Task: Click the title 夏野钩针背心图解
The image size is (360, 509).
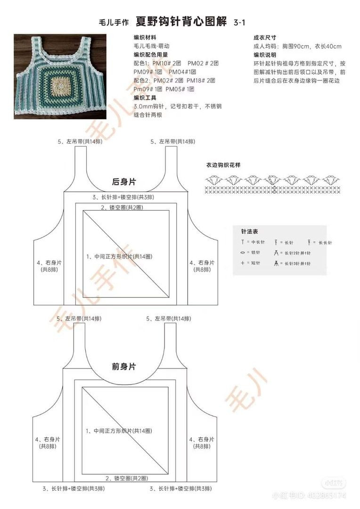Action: [x=181, y=22]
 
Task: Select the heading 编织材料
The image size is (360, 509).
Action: [x=145, y=38]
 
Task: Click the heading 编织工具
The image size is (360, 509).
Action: [x=145, y=98]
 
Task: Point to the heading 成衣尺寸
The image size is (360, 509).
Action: [x=265, y=38]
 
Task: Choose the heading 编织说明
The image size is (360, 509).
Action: [x=265, y=55]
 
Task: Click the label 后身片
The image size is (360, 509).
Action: [x=124, y=181]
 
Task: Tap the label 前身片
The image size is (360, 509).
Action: [x=124, y=366]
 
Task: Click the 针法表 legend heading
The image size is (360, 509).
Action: [x=249, y=232]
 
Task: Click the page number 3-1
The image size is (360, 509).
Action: [x=240, y=22]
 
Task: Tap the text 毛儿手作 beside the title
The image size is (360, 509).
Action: [x=112, y=22]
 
